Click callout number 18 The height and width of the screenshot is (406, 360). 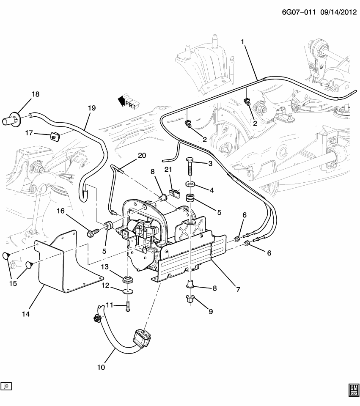pos(35,94)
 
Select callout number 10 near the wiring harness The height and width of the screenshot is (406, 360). pos(101,367)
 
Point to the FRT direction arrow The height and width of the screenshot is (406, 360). pos(126,102)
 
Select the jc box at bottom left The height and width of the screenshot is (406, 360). pos(6,386)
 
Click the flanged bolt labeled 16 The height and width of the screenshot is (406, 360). pos(93,232)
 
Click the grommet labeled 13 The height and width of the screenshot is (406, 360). pos(127,280)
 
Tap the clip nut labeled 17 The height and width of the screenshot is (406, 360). pos(54,136)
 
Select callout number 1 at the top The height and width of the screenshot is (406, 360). pos(243,42)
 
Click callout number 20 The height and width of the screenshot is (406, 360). pos(142,156)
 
